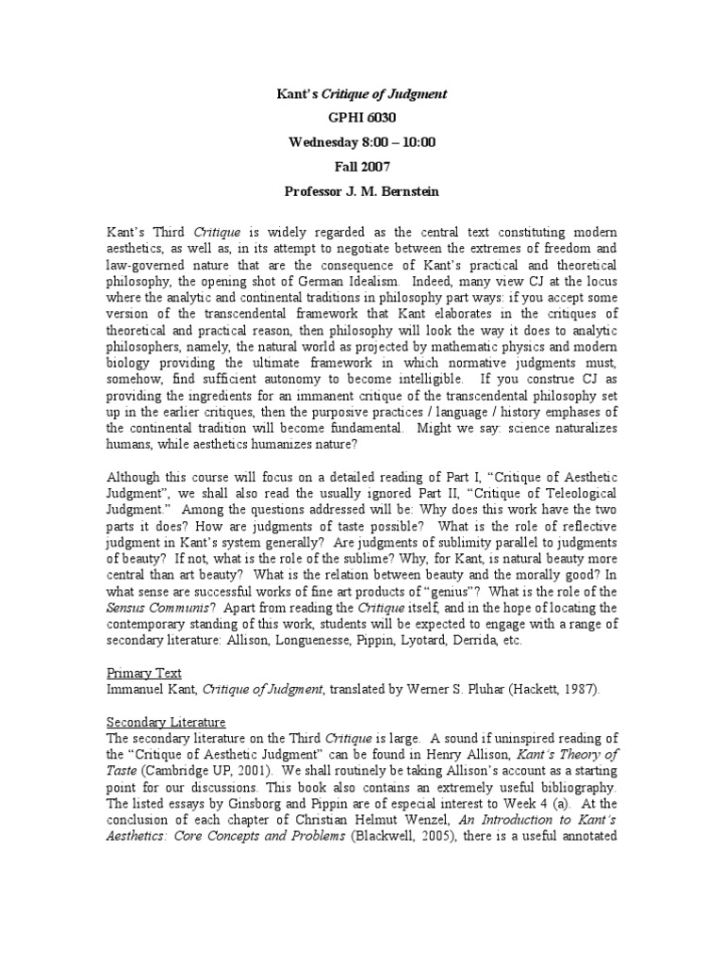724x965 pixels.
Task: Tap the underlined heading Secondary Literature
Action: [x=167, y=721]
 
